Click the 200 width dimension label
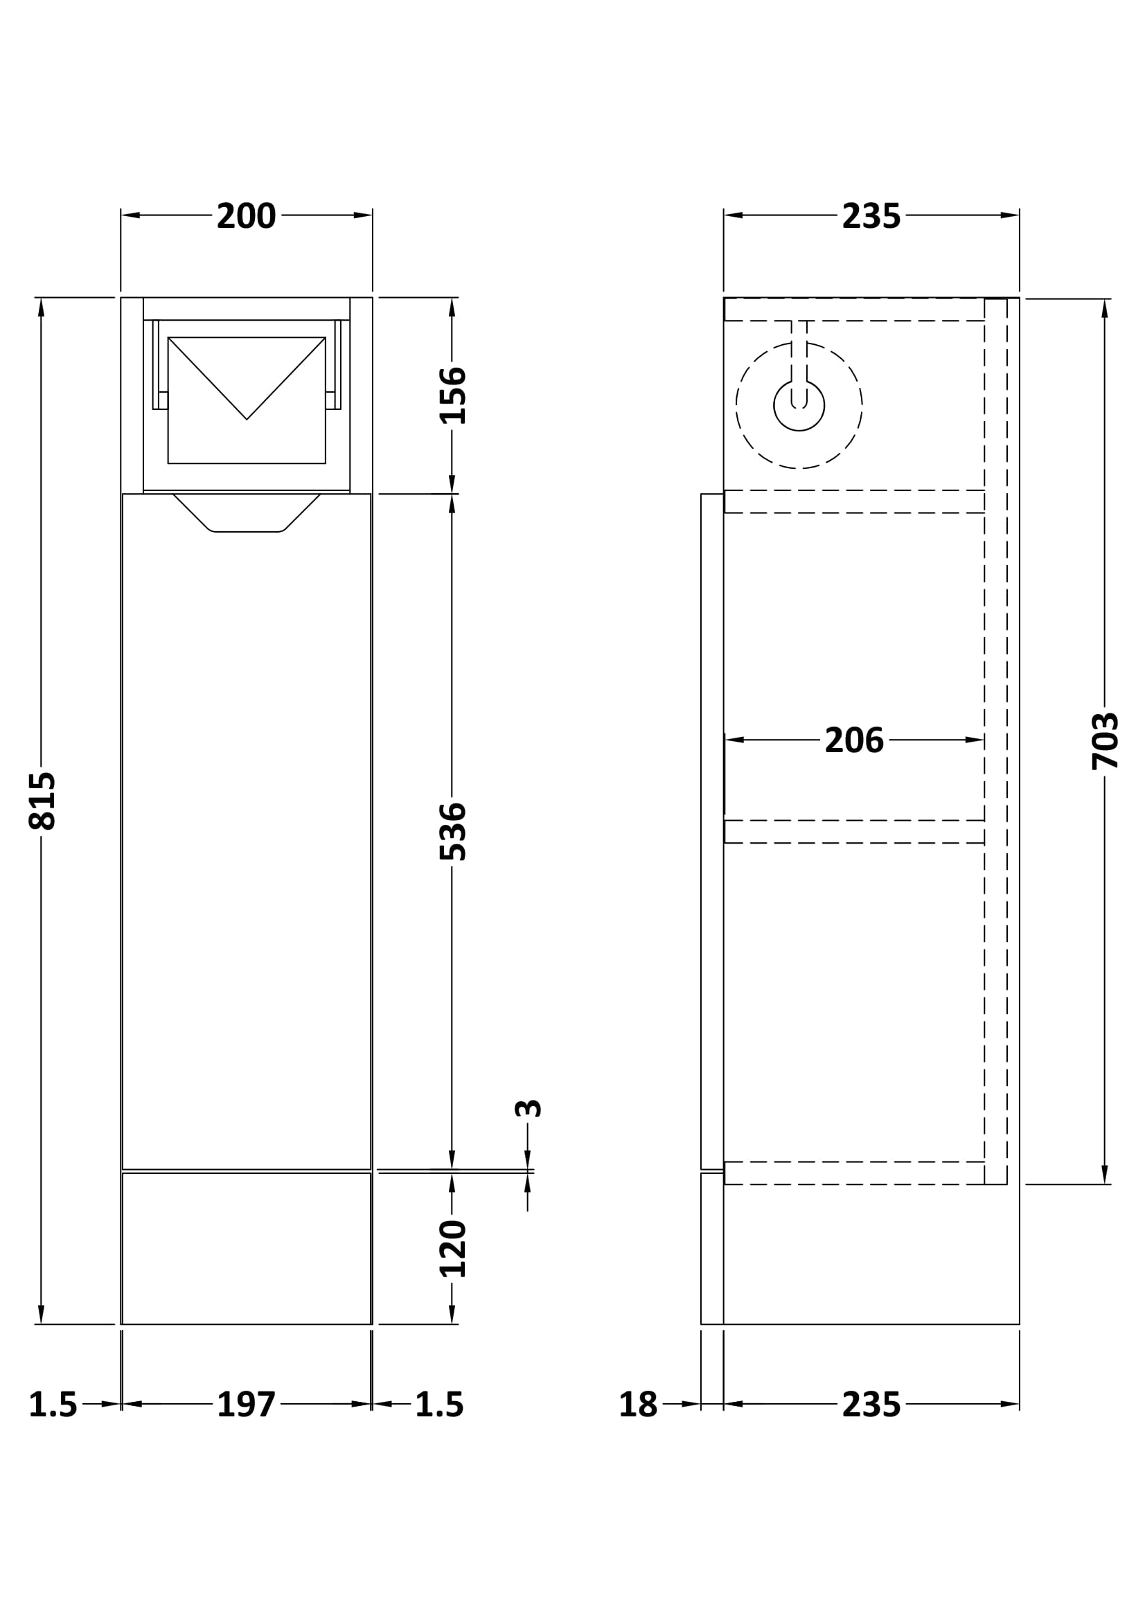click(x=246, y=216)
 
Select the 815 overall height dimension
click(x=42, y=800)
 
